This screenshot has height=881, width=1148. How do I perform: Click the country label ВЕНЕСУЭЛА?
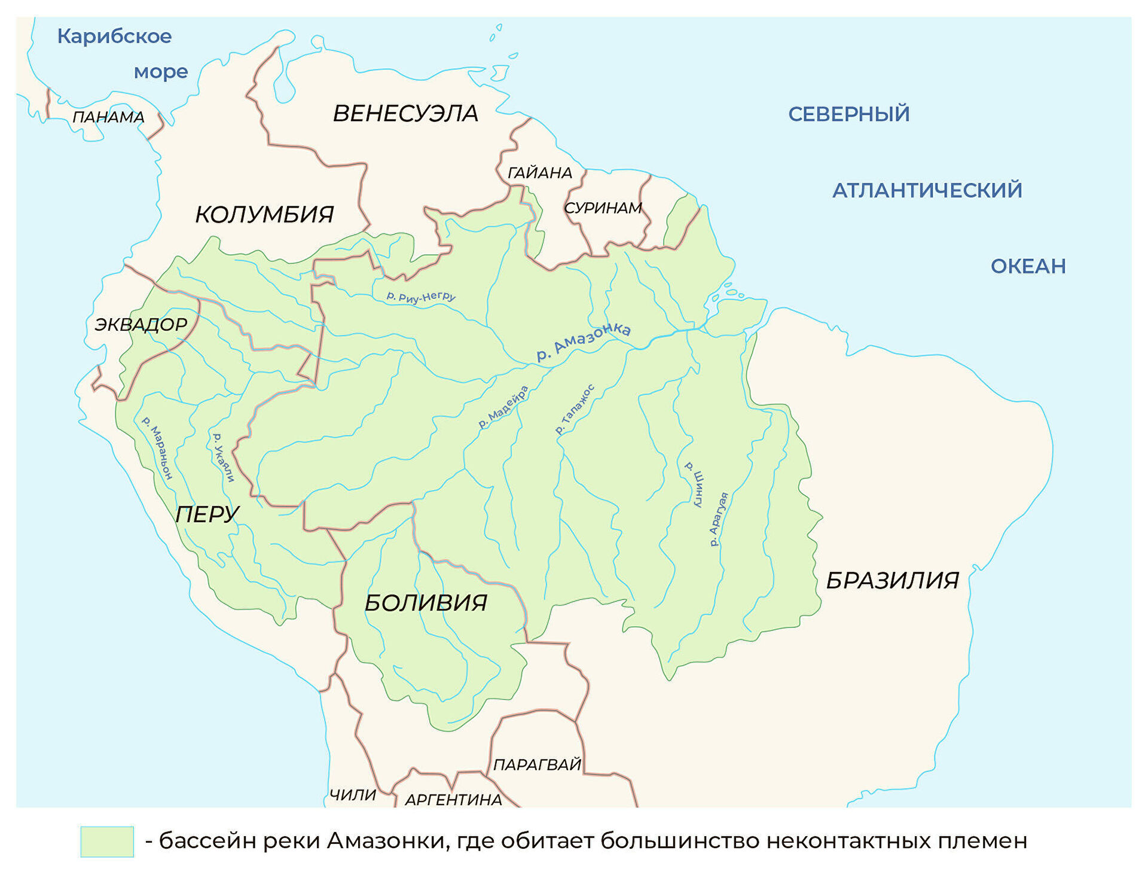pos(405,114)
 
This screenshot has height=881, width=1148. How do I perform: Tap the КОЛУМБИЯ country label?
pos(264,215)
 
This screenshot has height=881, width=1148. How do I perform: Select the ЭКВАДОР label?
pos(141,325)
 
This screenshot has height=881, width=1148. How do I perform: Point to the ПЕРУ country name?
pos(207,514)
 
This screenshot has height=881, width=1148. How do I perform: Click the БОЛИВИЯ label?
pos(426,603)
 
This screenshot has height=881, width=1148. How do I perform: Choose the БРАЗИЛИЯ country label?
pos(892,581)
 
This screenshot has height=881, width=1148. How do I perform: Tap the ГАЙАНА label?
pos(540,173)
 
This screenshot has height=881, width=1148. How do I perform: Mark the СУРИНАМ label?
pos(603,208)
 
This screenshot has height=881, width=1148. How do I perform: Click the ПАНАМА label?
pos(108,117)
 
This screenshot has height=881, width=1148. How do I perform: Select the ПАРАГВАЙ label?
pos(537,765)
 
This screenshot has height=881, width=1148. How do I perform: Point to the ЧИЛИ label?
pos(353,795)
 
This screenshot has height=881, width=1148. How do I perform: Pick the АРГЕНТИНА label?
pos(453,800)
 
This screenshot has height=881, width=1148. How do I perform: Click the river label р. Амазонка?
pos(584,342)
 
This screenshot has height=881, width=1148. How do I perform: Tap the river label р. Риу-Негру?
pos(421,297)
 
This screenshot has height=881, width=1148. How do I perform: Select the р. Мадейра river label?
pos(503,407)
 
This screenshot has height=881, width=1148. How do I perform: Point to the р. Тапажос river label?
pos(575,409)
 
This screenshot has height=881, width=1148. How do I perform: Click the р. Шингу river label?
pos(695,484)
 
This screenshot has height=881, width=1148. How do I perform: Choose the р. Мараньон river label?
pos(157,448)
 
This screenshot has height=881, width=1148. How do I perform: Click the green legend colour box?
pos(107,842)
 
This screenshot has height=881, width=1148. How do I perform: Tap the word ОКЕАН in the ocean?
pos(1028,267)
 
